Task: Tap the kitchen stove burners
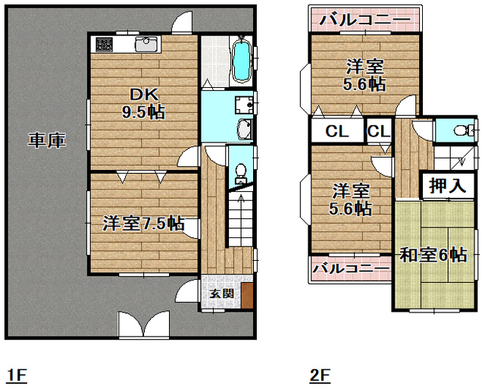(104, 45)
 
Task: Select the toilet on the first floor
(240, 174)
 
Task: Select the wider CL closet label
(336, 131)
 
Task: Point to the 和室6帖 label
(433, 255)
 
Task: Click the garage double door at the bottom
(143, 325)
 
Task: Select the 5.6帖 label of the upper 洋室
(363, 85)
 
